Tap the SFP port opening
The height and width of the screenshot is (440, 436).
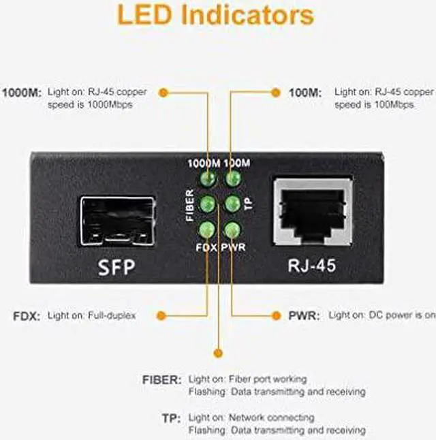pyautogui.click(x=117, y=221)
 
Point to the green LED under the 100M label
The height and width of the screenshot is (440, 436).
pyautogui.click(x=234, y=179)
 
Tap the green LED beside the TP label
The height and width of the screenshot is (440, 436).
pyautogui.click(x=233, y=203)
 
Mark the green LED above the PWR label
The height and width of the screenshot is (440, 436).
pyautogui.click(x=233, y=229)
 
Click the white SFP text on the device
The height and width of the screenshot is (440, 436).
pyautogui.click(x=116, y=266)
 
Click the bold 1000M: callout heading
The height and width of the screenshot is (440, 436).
pyautogui.click(x=22, y=91)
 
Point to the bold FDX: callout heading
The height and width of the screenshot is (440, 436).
pyautogui.click(x=26, y=316)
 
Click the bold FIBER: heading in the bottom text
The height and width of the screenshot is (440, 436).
pyautogui.click(x=161, y=379)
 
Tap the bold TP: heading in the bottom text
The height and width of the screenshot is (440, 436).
pyautogui.click(x=171, y=418)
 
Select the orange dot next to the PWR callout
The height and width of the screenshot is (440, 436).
pyautogui.click(x=275, y=315)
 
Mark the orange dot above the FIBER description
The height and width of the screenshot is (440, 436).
pyautogui.click(x=218, y=352)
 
